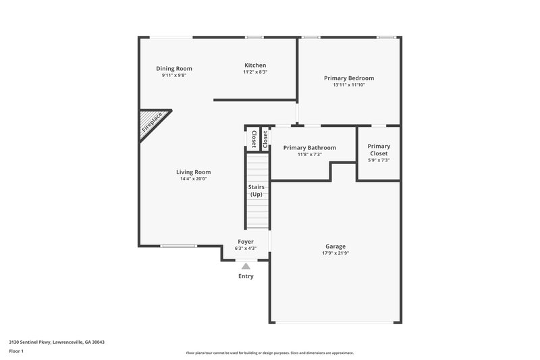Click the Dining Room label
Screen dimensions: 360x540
174,68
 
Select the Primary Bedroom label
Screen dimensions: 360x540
348,78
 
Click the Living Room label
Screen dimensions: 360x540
194,172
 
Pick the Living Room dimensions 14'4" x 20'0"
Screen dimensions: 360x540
194,179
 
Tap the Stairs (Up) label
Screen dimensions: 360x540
256,190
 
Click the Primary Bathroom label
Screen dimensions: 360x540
309,147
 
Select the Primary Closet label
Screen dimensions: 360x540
379,150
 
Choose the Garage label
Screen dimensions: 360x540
335,247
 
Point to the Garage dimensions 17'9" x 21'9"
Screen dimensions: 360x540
336,253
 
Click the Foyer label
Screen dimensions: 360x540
246,241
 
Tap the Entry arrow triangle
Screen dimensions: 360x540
246,266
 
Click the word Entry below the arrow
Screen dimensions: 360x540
246,276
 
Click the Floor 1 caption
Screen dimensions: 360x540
16,351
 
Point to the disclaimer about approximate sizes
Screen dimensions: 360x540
269,353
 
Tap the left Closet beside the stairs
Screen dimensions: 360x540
254,138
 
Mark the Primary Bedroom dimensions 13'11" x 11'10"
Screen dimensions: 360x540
348,85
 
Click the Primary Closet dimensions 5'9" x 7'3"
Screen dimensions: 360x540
379,161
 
